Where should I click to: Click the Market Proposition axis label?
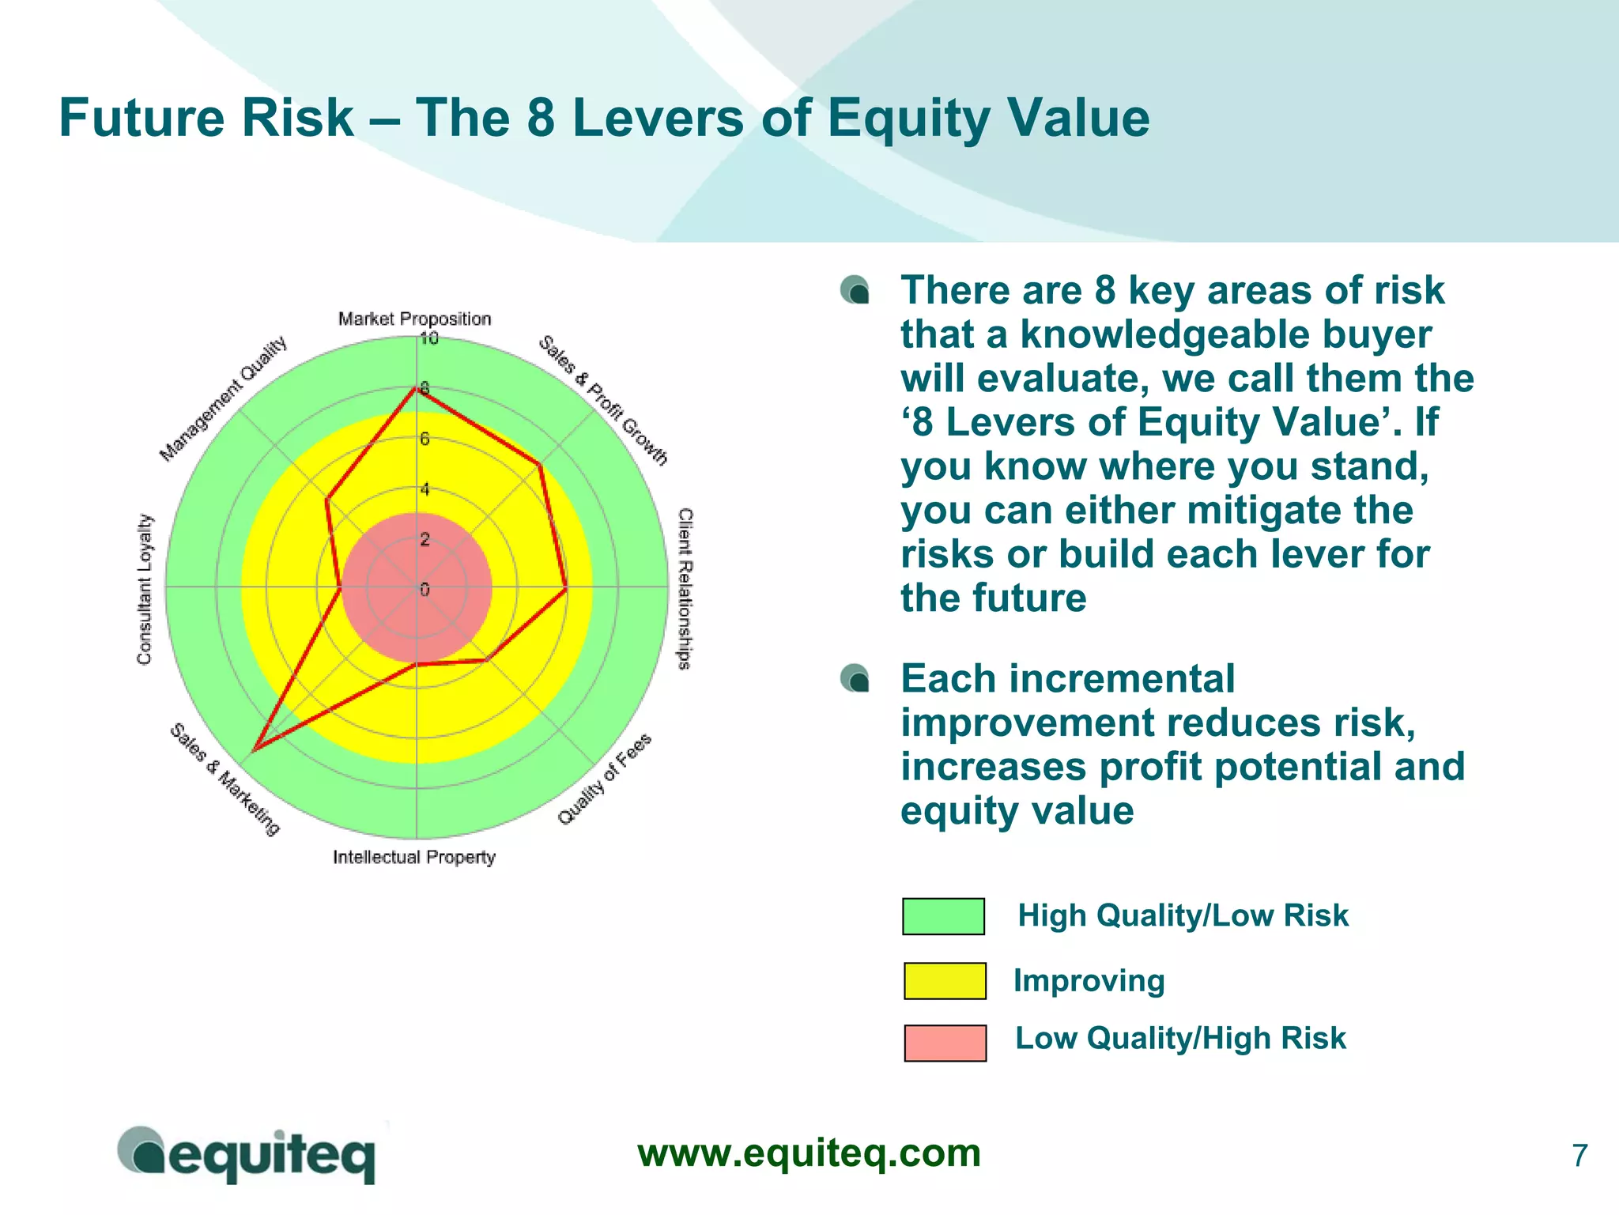click(x=414, y=319)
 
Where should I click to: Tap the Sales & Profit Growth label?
click(x=602, y=401)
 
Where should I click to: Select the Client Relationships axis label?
click(x=685, y=589)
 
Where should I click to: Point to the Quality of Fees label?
click(x=605, y=779)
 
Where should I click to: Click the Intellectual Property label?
click(x=413, y=857)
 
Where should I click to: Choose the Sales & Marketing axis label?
click(x=225, y=779)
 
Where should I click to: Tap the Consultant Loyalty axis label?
click(x=144, y=589)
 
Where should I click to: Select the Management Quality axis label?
click(x=223, y=399)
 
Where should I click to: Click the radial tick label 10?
click(x=428, y=339)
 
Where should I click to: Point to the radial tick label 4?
click(x=425, y=489)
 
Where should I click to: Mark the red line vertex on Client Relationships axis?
click(x=566, y=588)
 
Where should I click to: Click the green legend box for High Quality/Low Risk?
click(x=943, y=916)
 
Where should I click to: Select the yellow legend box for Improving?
click(x=944, y=980)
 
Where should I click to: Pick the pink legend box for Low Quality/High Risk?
click(x=945, y=1043)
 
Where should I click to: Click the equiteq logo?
click(x=247, y=1155)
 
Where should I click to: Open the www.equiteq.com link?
click(x=809, y=1153)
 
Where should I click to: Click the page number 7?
click(x=1579, y=1156)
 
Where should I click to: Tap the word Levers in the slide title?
click(x=658, y=119)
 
